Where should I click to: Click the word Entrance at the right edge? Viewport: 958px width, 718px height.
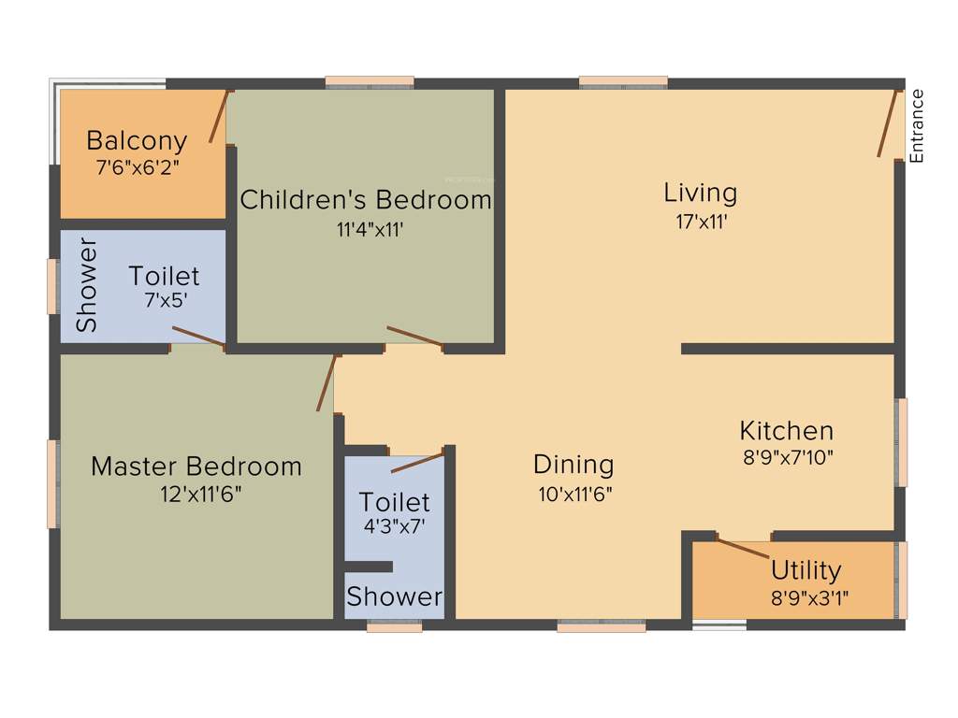pos(917,125)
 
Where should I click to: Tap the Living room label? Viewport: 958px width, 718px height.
pos(701,194)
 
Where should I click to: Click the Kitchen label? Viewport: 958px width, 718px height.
pos(786,431)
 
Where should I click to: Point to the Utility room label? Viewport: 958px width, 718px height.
pos(806,569)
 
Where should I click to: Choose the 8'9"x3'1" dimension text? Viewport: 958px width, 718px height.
pos(810,598)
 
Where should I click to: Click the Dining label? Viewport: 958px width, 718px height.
pos(573,464)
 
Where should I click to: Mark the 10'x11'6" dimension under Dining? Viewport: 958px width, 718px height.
pos(575,494)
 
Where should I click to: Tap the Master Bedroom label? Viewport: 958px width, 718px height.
pos(196,466)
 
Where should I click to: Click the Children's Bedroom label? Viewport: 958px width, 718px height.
pos(366,200)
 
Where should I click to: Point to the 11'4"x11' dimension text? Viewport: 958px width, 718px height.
pos(370,230)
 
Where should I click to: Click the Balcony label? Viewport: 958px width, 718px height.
pos(137,141)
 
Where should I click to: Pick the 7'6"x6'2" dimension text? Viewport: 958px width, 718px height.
pos(138,168)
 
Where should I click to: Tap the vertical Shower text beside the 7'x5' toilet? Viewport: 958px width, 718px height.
pos(87,285)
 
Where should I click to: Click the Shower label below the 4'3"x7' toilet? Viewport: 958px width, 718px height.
pos(394,596)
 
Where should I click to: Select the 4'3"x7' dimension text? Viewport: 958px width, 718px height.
pos(395,525)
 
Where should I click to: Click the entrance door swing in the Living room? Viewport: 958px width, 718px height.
pos(887,122)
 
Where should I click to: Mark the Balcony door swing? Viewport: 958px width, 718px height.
pos(219,116)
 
